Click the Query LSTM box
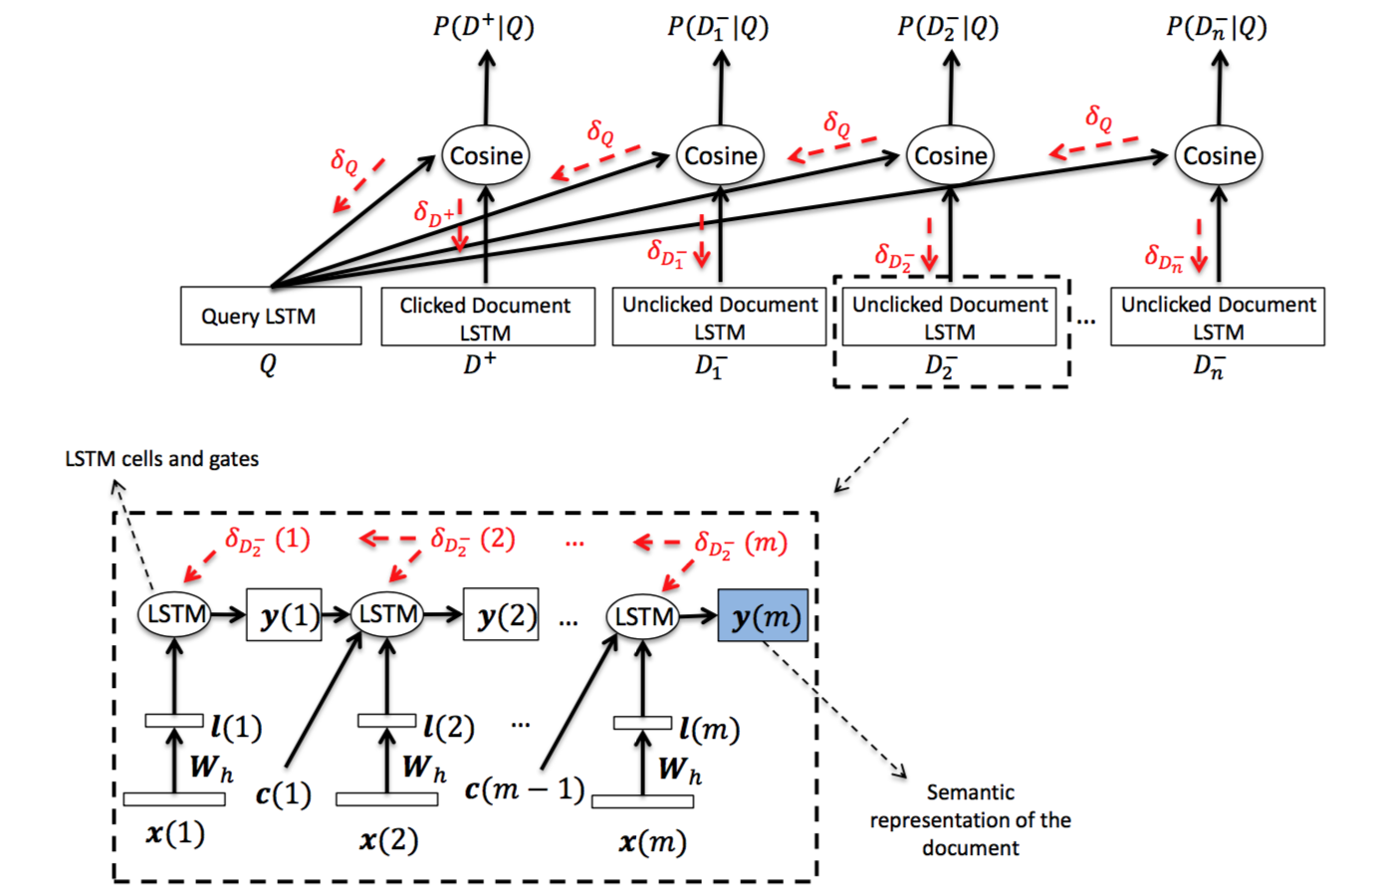tap(271, 316)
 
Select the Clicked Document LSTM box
tap(488, 317)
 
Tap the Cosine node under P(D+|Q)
tap(486, 155)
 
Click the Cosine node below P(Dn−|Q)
tap(1219, 155)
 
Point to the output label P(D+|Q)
tap(484, 26)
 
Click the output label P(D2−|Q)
tap(948, 28)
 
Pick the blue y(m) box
tap(763, 615)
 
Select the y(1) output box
tap(284, 614)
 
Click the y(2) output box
tap(501, 614)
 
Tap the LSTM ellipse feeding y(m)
tap(642, 616)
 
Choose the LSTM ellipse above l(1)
tap(174, 614)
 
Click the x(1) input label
tap(175, 833)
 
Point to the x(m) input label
tap(652, 841)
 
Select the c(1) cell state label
tap(283, 794)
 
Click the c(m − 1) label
tap(525, 789)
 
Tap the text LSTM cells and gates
tap(161, 459)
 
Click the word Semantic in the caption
tap(970, 791)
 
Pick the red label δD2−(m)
tap(741, 544)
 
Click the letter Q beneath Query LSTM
tap(268, 364)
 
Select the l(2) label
tap(448, 727)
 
